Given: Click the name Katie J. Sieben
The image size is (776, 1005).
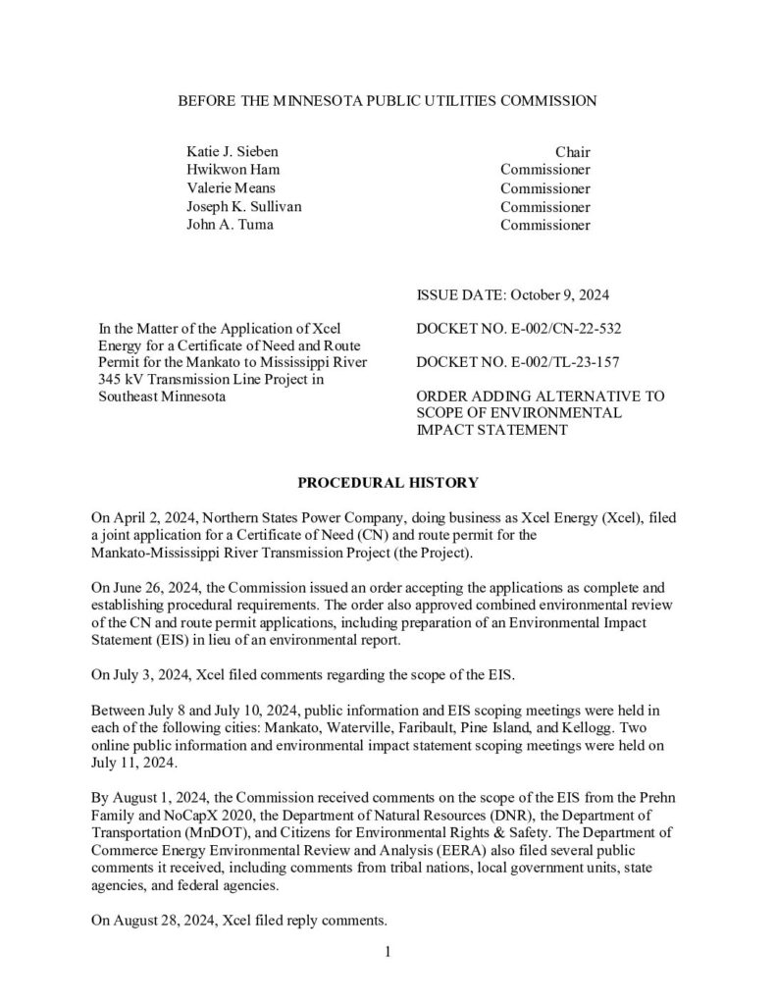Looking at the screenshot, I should (x=232, y=152).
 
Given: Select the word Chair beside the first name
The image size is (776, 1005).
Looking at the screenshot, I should (x=573, y=152).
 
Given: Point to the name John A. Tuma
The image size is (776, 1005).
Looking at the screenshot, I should (x=228, y=225).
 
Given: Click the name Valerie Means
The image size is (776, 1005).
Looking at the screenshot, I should (x=231, y=188).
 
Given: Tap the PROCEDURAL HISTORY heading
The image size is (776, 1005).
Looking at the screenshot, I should (x=388, y=482).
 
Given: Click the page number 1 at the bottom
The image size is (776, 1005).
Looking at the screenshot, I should (x=388, y=951).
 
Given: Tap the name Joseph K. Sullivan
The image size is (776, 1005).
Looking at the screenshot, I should (x=244, y=207).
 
